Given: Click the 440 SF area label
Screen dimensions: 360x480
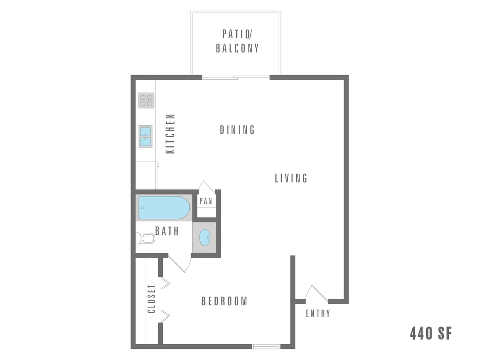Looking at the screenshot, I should click(x=431, y=333).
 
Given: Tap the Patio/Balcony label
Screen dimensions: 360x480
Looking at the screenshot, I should click(x=237, y=41).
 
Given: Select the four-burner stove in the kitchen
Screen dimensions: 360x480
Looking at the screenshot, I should click(x=146, y=100).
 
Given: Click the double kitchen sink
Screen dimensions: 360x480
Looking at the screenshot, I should click(x=145, y=136).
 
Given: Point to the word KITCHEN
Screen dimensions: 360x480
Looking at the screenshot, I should click(x=171, y=134).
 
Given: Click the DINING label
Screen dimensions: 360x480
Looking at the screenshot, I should click(x=237, y=130).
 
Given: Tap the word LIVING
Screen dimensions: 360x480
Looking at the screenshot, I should click(x=291, y=178).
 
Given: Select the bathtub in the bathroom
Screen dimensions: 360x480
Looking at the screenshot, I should click(x=164, y=207).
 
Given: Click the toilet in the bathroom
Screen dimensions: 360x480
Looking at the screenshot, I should click(x=145, y=238).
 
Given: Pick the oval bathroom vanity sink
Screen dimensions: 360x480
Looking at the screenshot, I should click(x=205, y=237).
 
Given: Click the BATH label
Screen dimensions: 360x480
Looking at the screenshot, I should click(x=167, y=231).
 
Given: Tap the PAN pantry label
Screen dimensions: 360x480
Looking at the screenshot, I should click(x=206, y=201).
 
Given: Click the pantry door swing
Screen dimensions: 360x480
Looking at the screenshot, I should click(x=207, y=187).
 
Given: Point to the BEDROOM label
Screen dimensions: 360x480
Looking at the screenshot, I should click(x=224, y=301).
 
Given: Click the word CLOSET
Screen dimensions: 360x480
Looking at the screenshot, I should click(x=151, y=299).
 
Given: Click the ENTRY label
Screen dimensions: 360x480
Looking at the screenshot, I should click(x=318, y=314).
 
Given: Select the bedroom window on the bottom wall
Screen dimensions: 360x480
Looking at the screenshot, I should click(x=266, y=346).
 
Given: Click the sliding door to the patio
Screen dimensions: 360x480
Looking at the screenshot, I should click(x=236, y=77).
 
